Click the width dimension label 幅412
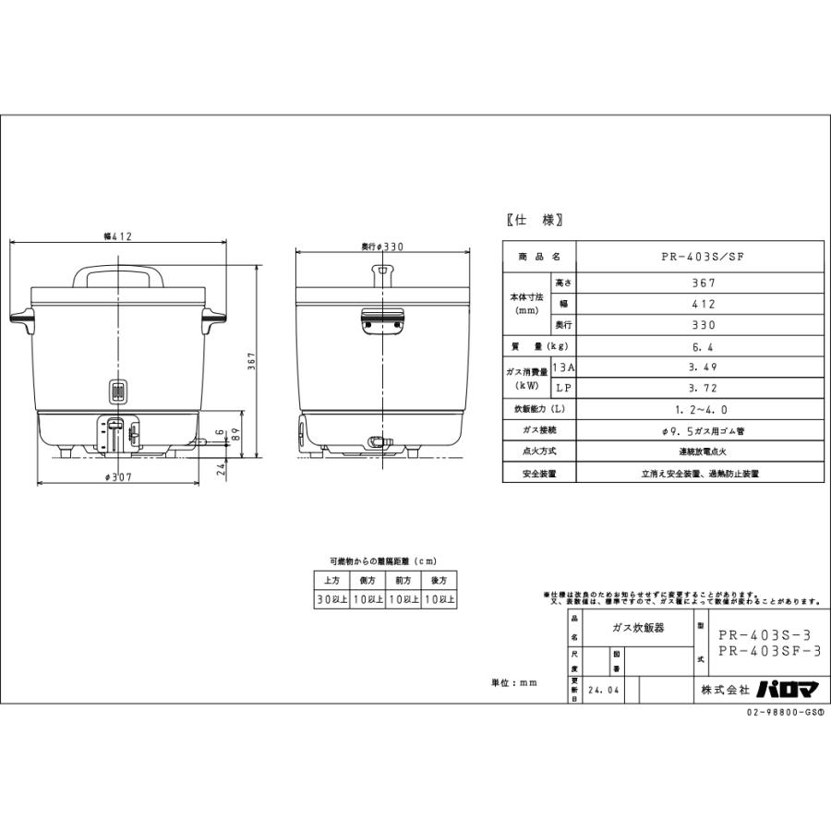coord(117,236)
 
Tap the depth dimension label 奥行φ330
coord(383,247)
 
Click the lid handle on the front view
coord(117,277)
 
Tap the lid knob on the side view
coord(381,274)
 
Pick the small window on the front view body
coord(117,391)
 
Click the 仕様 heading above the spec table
coord(535,220)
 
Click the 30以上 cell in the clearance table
coord(331,598)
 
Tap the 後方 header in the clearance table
coord(438,580)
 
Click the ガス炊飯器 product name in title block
coord(637,626)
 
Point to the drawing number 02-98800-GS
coord(783,713)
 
